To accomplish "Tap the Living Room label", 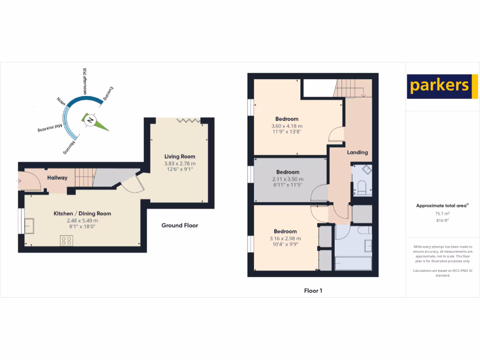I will pyautogui.click(x=180, y=157).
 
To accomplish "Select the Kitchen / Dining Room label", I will pyautogui.click(x=82, y=214).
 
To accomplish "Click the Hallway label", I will pyautogui.click(x=57, y=178).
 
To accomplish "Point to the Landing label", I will pyautogui.click(x=357, y=152).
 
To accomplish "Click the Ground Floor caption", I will pyautogui.click(x=180, y=225).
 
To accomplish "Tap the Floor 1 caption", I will pyautogui.click(x=313, y=291).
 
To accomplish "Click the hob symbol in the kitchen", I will pyautogui.click(x=66, y=241).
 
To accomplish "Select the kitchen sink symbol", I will pyautogui.click(x=29, y=225).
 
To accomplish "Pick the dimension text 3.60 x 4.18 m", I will pyautogui.click(x=287, y=126).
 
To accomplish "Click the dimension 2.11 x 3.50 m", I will pyautogui.click(x=288, y=179).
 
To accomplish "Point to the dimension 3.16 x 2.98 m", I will pyautogui.click(x=285, y=238).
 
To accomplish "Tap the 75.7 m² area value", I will pyautogui.click(x=442, y=213).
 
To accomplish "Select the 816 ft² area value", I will pyautogui.click(x=442, y=220).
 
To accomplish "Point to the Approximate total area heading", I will pyautogui.click(x=442, y=206).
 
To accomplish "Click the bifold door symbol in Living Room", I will pyautogui.click(x=189, y=120).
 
